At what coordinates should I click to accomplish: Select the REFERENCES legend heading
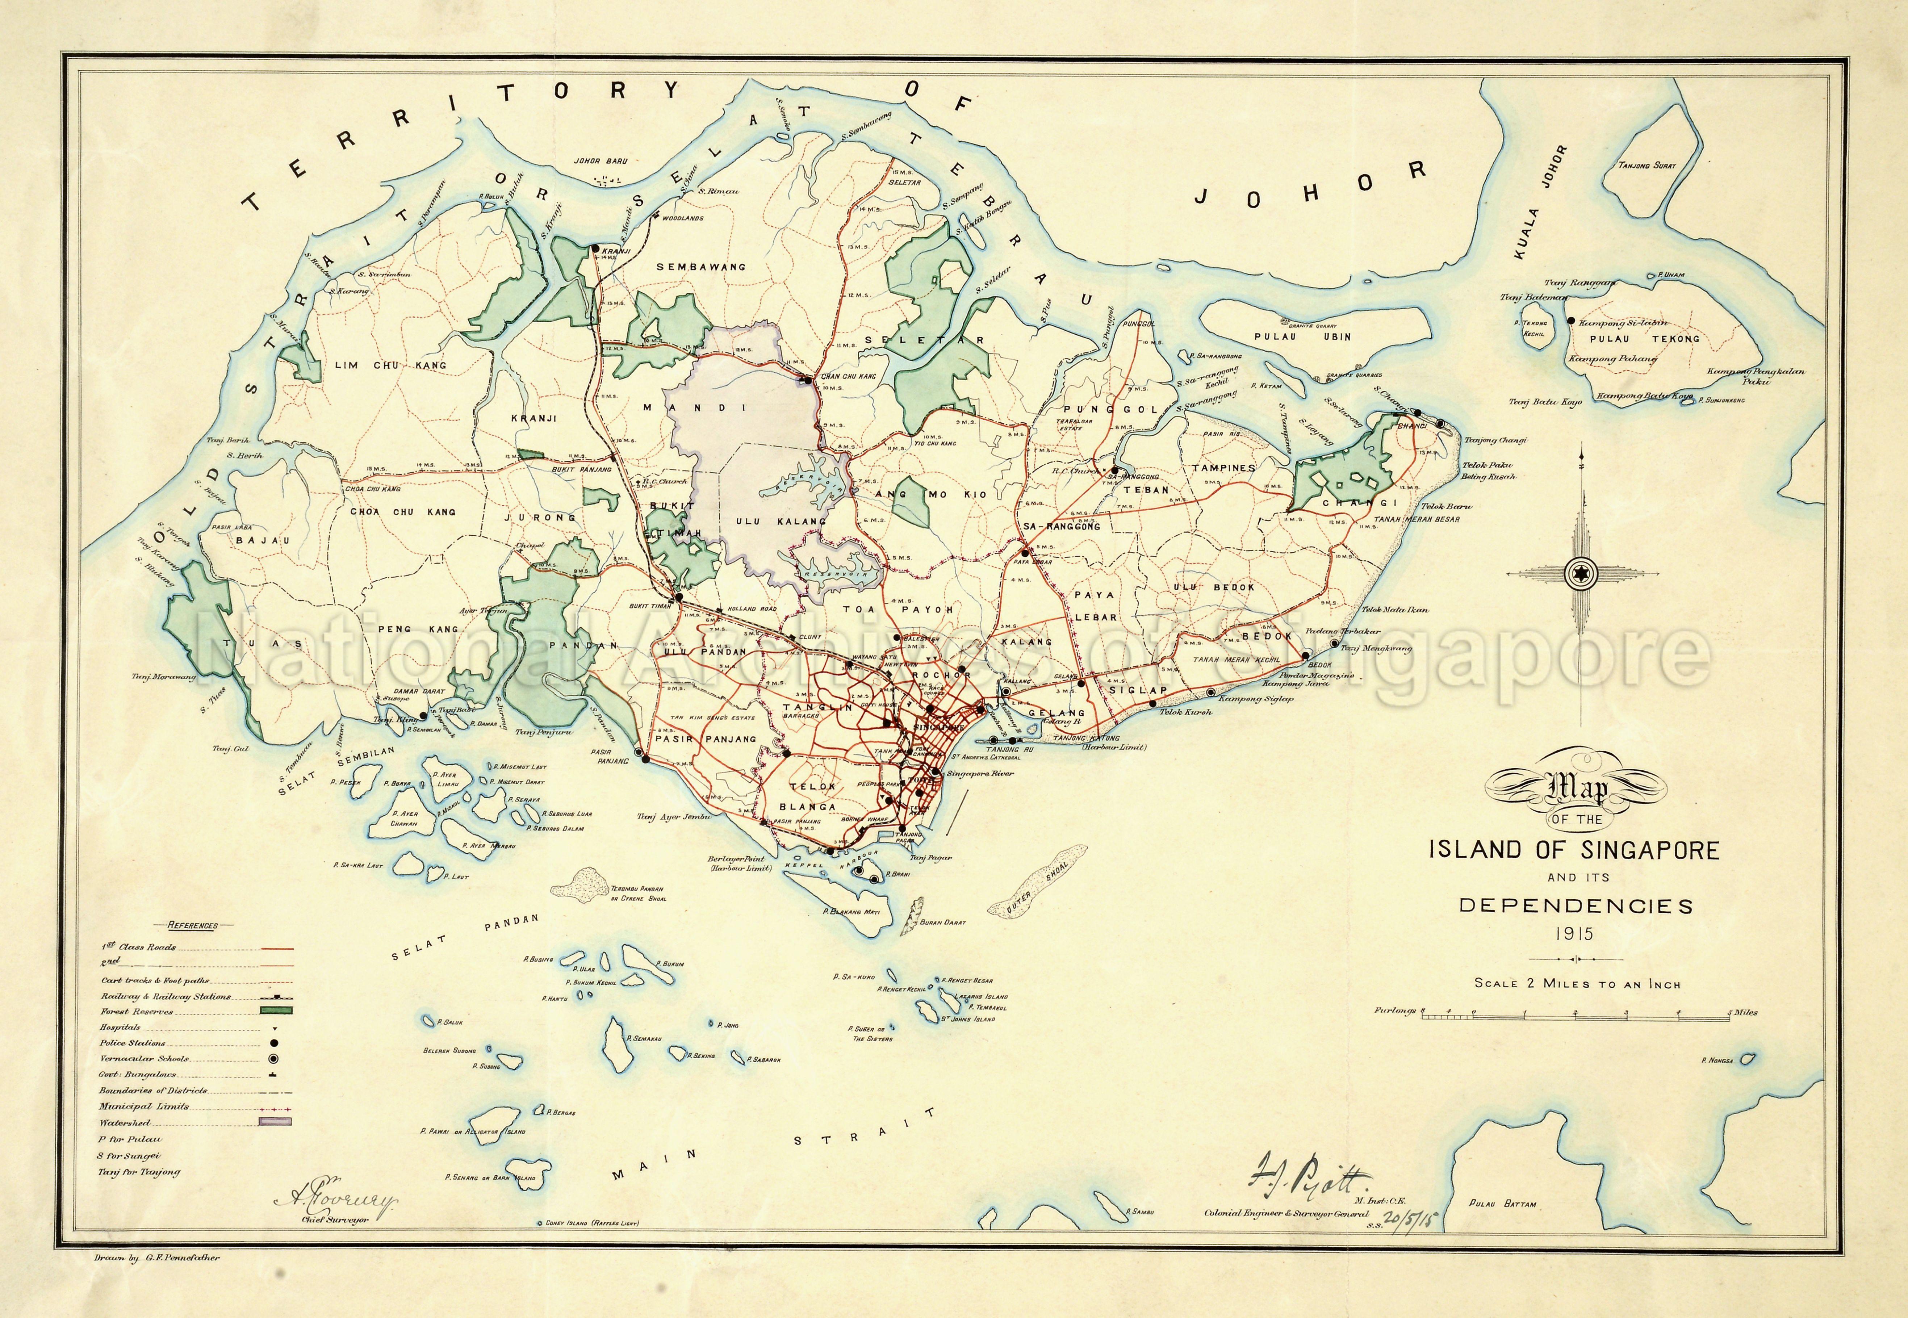click(192, 925)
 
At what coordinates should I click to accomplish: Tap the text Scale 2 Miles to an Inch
click(1577, 984)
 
